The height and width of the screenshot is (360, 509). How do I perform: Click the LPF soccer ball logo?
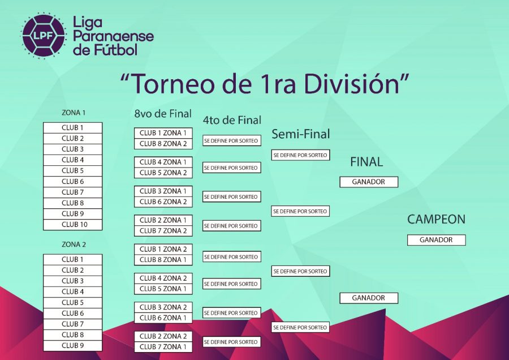(x=44, y=36)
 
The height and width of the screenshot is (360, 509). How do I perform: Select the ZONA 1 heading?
(x=74, y=113)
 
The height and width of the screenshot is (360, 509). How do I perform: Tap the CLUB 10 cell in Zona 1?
(x=73, y=225)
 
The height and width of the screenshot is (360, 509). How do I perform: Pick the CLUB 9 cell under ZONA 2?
(x=73, y=346)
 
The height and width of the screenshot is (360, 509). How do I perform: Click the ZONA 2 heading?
(x=74, y=245)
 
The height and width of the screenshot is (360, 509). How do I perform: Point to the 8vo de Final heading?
(x=163, y=113)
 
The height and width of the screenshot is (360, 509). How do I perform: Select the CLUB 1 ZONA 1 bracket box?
(x=163, y=133)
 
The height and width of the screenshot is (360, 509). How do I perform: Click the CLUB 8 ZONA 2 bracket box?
(x=163, y=144)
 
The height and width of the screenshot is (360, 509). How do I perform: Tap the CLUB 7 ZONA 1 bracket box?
(x=163, y=346)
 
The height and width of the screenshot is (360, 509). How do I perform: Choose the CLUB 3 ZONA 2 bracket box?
(x=163, y=307)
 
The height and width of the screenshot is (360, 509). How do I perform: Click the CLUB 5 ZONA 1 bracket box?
(x=163, y=289)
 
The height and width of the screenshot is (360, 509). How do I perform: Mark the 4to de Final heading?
(x=232, y=120)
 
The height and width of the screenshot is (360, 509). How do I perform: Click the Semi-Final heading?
(x=301, y=134)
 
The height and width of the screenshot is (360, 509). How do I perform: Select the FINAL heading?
(x=366, y=162)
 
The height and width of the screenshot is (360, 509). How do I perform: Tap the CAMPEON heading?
(x=436, y=219)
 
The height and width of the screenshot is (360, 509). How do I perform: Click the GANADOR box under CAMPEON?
(x=436, y=240)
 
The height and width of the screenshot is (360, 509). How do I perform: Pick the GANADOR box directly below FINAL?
(x=369, y=182)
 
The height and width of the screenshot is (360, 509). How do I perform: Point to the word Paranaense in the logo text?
(x=113, y=36)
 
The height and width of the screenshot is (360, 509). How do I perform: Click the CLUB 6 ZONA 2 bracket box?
(x=163, y=202)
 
